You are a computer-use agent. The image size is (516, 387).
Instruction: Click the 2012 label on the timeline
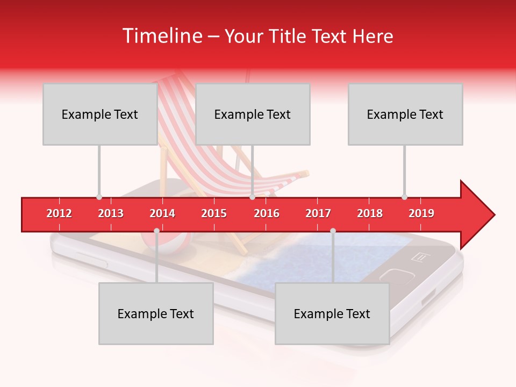[59, 213]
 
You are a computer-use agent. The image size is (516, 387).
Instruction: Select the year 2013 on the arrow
[111, 213]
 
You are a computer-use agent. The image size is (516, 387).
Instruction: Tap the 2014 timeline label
[162, 213]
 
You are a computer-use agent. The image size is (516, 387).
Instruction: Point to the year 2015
[214, 213]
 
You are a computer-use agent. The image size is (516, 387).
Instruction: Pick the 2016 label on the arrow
[267, 213]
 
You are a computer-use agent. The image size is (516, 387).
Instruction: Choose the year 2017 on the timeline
[318, 213]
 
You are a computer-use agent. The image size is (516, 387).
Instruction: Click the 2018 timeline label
[370, 213]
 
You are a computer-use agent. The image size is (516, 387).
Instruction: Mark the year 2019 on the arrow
[421, 213]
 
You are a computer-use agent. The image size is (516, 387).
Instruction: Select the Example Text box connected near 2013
[99, 114]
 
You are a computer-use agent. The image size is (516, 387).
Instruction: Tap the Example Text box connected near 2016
[253, 114]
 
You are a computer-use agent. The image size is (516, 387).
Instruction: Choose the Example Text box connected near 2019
[405, 114]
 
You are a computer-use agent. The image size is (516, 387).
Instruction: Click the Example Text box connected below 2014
[156, 313]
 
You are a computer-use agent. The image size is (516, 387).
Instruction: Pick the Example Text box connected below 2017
[332, 313]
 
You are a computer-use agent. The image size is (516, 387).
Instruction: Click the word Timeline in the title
[161, 36]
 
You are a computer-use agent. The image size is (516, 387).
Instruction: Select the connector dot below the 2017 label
[333, 231]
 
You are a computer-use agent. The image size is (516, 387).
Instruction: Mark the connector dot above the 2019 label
[404, 197]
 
